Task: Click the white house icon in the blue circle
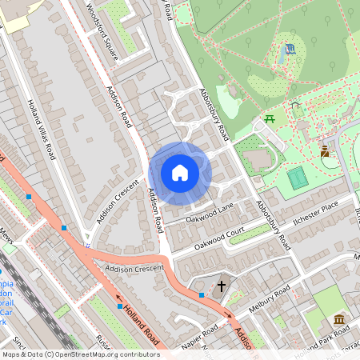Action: click(180, 172)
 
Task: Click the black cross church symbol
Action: click(222, 285)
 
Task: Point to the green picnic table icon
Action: click(270, 120)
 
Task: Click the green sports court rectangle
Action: click(298, 178)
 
